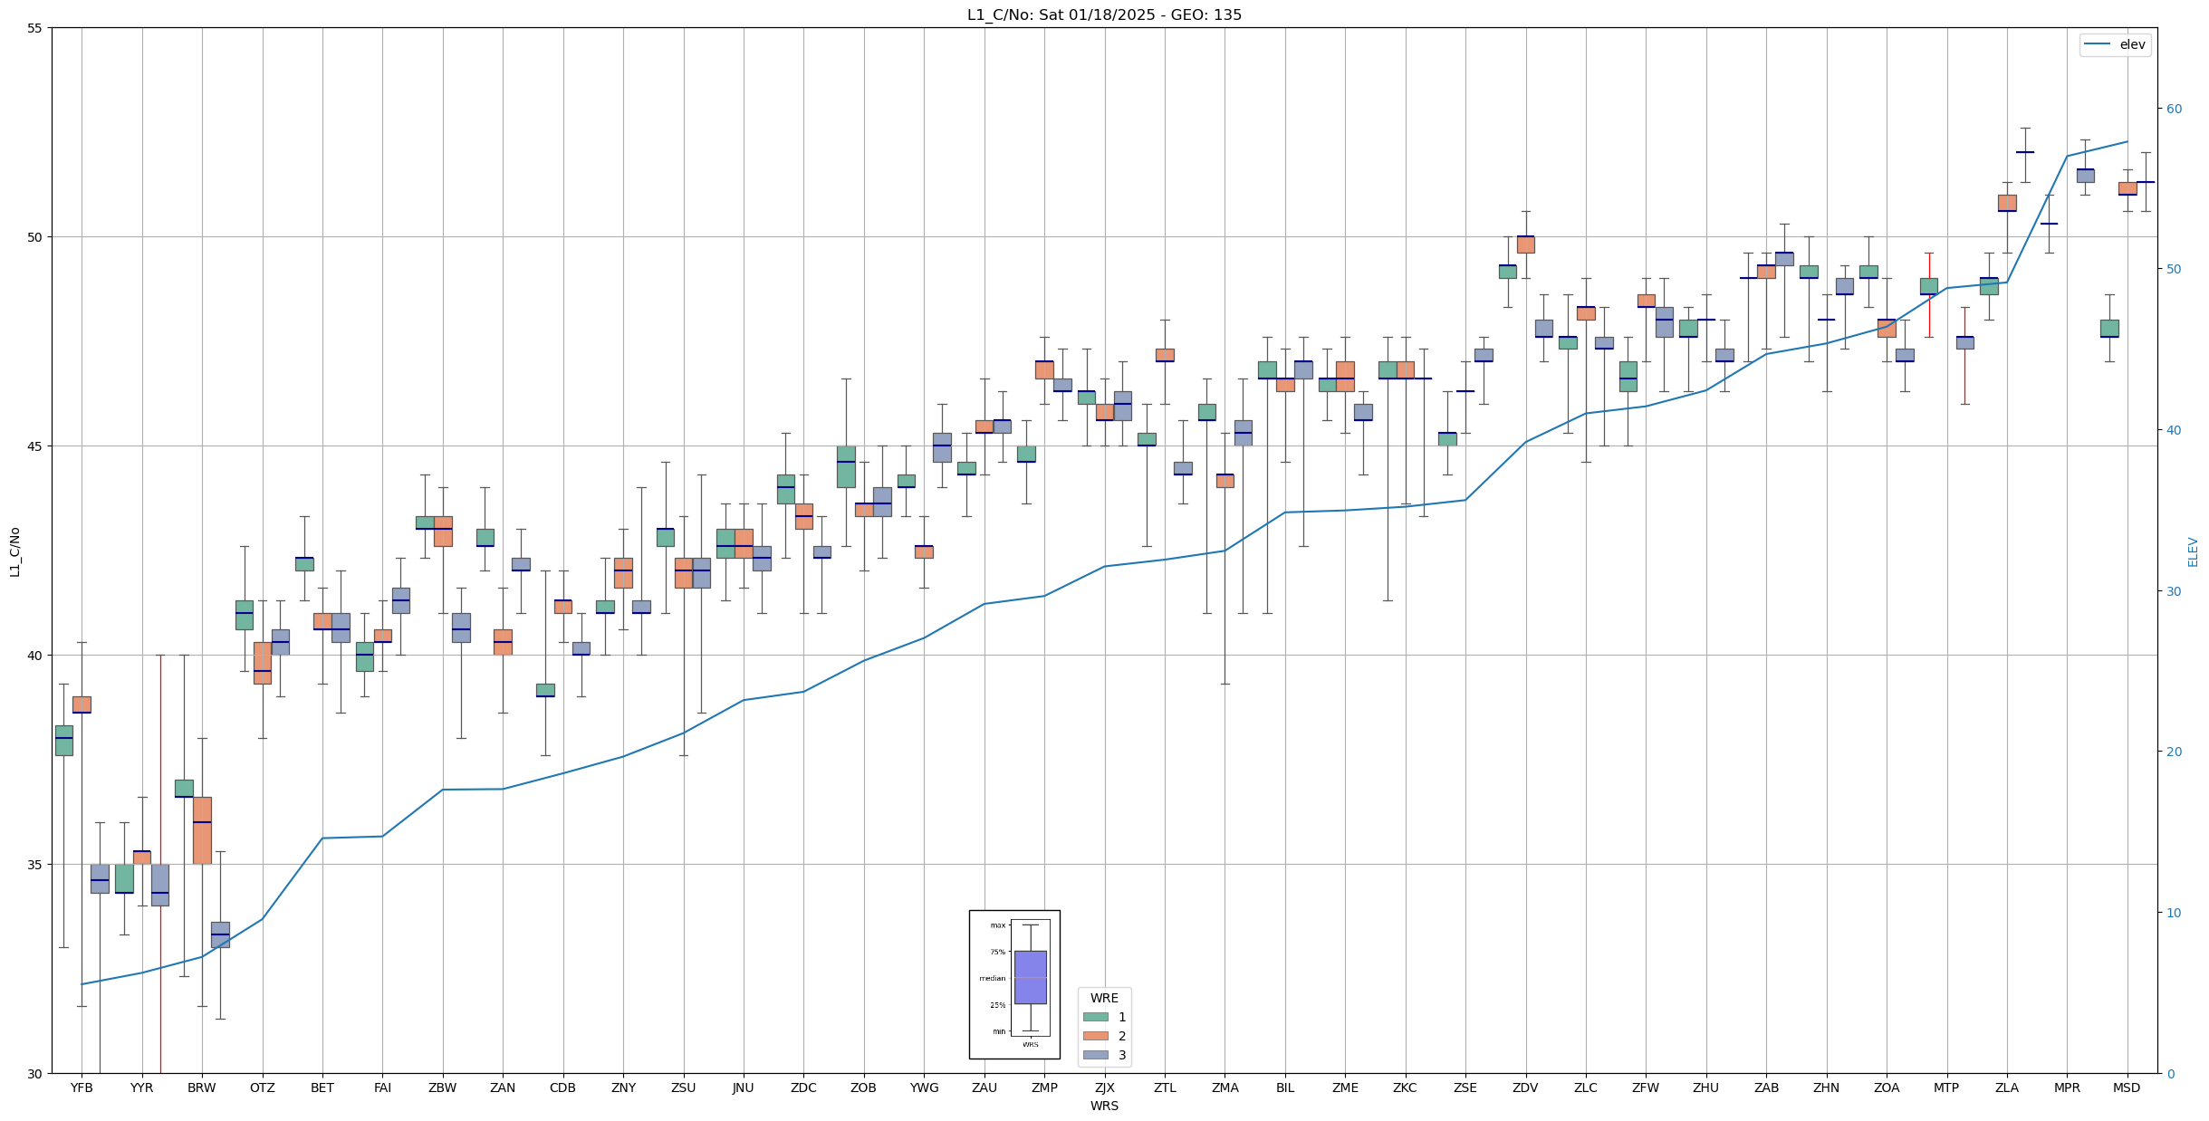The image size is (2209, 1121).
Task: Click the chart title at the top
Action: pos(1104,14)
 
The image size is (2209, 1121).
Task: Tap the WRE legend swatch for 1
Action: pos(1095,1017)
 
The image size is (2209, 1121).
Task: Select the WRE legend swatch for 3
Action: pos(1095,1055)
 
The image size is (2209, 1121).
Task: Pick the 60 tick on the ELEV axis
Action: pos(2174,109)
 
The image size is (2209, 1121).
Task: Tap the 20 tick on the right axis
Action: pos(2174,752)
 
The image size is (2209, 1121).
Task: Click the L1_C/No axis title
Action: pos(14,551)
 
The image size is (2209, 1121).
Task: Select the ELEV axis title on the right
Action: pos(2193,551)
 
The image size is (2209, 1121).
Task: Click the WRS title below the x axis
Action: pos(1104,1106)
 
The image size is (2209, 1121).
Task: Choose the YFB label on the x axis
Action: pos(82,1087)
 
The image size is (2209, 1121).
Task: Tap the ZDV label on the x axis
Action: pos(1525,1087)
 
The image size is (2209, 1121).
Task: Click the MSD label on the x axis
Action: pos(2127,1087)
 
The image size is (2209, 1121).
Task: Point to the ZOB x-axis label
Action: pos(863,1087)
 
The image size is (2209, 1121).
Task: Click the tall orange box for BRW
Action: pos(202,830)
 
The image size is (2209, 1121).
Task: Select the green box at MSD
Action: pos(2109,328)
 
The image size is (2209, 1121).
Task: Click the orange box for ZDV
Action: pos(1525,244)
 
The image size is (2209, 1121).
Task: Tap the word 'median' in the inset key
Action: pos(992,978)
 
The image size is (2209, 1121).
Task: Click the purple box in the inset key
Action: pos(1030,977)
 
